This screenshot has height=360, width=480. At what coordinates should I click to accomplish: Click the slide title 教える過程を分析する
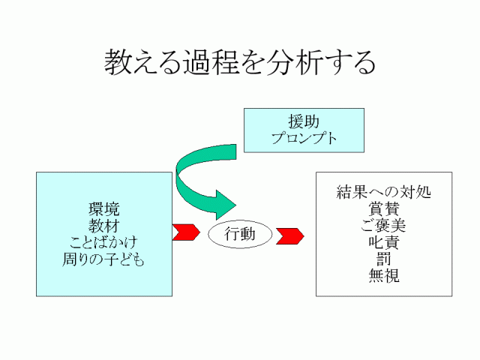coord(239,63)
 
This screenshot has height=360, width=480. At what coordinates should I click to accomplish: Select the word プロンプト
coord(304,138)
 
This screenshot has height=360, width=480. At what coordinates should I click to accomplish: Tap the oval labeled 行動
coord(240,234)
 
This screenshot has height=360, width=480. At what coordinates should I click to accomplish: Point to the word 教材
coord(103,226)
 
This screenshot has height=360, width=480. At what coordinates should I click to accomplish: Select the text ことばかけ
coord(103,243)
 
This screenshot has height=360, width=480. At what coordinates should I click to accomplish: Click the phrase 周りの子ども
coord(103,260)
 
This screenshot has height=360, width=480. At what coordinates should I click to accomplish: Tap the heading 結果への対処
coord(383,192)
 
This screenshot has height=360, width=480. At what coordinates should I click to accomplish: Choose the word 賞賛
coord(383,208)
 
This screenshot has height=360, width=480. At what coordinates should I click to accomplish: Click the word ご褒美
coord(383,226)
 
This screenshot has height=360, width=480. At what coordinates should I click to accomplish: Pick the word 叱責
coord(383,243)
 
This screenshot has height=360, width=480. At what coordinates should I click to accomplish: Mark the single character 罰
coord(383,259)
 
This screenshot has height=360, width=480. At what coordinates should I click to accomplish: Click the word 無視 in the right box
coord(383,277)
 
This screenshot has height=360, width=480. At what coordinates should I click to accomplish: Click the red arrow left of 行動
coord(185,232)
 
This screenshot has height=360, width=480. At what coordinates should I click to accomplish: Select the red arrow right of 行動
coord(290,235)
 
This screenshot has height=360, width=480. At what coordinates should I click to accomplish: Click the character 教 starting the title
coord(118,63)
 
